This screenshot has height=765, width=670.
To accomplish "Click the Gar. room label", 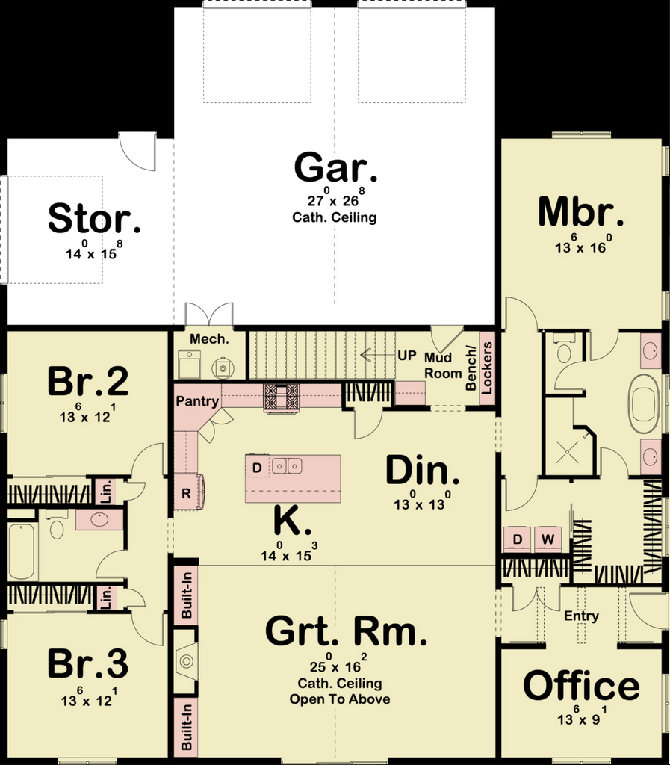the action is click(335, 167).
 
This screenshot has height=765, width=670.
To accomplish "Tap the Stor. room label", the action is click(94, 218).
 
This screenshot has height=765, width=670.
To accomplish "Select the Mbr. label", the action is click(581, 211).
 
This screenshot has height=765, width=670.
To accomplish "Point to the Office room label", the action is click(581, 686).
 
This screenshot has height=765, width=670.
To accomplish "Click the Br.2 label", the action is click(88, 381).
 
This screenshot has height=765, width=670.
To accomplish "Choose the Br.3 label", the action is click(88, 663).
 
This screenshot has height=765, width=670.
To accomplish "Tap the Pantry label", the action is click(197, 401).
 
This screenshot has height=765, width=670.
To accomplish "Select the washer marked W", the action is click(548, 539).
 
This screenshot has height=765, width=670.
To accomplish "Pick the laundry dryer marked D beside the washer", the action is click(518, 539).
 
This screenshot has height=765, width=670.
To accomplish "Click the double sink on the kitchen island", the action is click(287, 465).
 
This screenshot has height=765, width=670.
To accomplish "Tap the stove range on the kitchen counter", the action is click(281, 397).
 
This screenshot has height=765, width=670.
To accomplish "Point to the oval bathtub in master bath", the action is click(645, 403).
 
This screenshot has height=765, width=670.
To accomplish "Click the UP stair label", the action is click(406, 355).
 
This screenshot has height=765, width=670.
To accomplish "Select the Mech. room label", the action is click(209, 338).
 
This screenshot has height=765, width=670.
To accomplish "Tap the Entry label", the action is click(581, 616).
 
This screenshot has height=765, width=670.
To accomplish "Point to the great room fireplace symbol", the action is click(187, 661).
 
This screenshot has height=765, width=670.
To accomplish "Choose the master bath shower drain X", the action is click(567, 452).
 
